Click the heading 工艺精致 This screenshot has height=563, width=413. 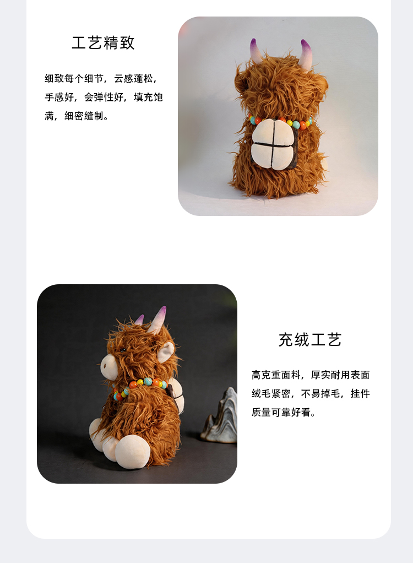click(x=103, y=43)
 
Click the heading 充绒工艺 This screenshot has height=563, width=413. click(x=309, y=340)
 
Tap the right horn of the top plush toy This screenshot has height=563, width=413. click(x=306, y=54)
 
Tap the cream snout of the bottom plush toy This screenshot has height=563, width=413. click(x=107, y=366)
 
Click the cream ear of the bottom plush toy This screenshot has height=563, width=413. click(x=165, y=352)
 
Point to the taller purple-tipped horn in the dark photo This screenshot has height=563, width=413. click(x=157, y=319)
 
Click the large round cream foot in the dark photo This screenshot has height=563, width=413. click(x=132, y=451)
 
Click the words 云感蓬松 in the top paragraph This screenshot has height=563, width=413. click(x=134, y=78)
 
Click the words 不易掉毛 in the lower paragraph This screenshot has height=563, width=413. click(x=320, y=393)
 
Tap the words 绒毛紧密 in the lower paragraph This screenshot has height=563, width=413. click(x=271, y=393)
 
